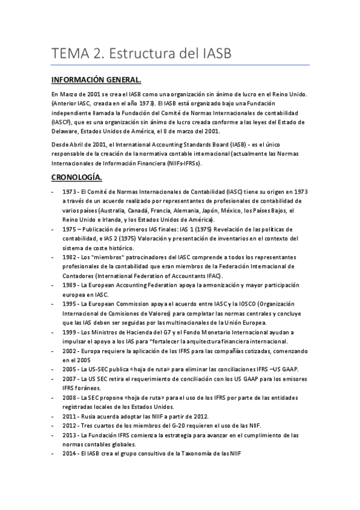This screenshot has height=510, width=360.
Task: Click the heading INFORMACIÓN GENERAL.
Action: coord(96,80)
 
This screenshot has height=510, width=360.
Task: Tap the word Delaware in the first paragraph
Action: coord(66,130)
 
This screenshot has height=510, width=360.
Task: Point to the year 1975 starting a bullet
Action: coord(69,229)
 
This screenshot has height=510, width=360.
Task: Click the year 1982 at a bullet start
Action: coord(69,257)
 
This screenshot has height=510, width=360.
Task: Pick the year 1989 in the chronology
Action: coord(69,284)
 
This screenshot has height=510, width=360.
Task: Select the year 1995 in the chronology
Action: coord(69,304)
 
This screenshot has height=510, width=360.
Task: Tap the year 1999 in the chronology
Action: coord(69,332)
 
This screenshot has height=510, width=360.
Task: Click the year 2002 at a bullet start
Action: coord(69,351)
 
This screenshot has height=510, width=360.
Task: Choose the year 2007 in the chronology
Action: coord(69,379)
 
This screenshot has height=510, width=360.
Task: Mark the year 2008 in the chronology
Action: coord(69,398)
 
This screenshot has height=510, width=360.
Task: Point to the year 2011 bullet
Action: coord(69,416)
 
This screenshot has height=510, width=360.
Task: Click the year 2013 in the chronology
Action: coord(69,435)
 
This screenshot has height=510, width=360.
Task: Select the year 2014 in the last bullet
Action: coord(69,453)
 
